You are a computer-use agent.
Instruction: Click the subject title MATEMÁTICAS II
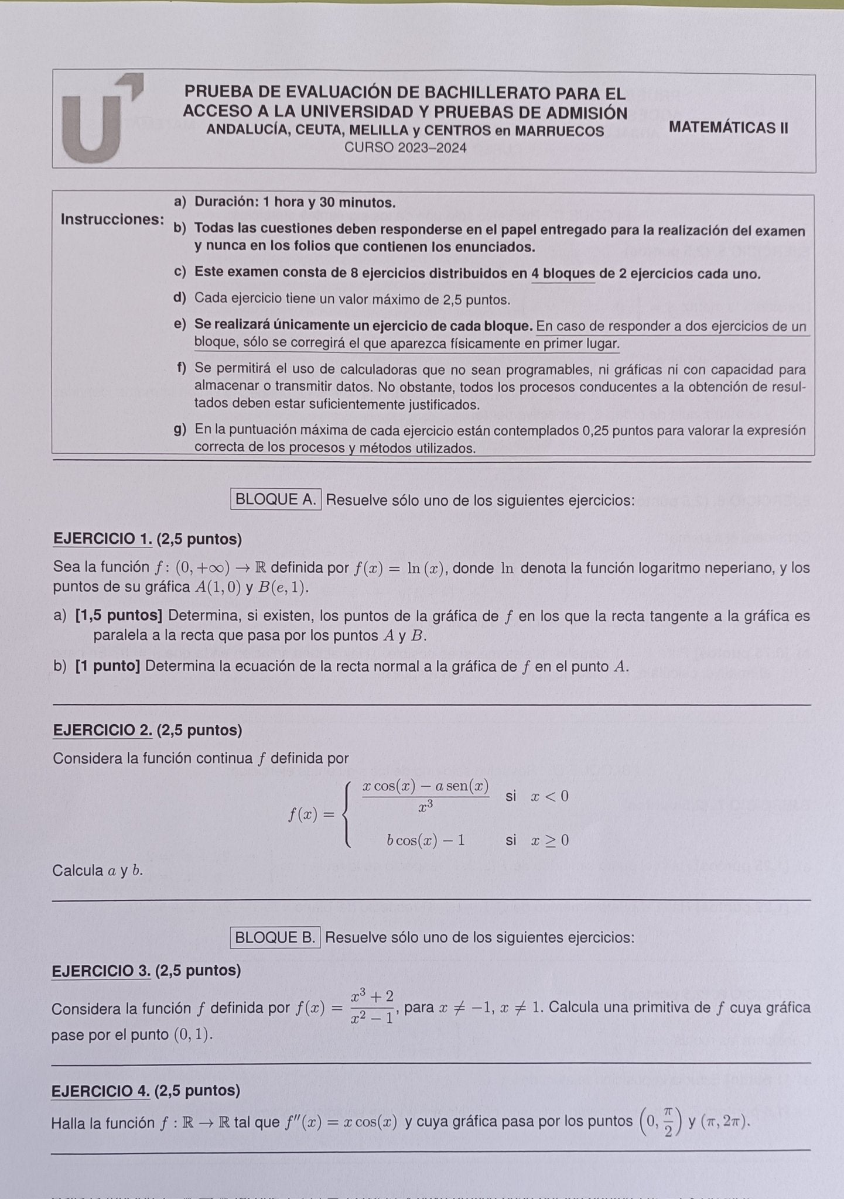pos(728,128)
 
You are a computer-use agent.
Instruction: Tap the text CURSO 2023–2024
pos(405,148)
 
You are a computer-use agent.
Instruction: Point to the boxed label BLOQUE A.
pos(275,499)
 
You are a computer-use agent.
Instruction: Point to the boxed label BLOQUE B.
pos(275,937)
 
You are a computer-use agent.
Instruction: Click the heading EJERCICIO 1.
pos(102,539)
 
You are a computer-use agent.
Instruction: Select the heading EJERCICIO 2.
pos(102,730)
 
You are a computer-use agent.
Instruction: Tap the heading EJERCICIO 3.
pos(101,971)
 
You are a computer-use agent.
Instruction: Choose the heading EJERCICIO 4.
pos(101,1091)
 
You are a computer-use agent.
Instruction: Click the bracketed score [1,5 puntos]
pos(119,616)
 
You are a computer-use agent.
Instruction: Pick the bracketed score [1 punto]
pos(108,666)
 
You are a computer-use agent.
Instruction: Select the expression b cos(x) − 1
pos(426,841)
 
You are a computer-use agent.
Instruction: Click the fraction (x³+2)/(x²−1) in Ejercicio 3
pos(372,1007)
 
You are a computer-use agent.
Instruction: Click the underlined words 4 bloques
pos(563,274)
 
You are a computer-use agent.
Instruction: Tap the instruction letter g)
pos(180,430)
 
